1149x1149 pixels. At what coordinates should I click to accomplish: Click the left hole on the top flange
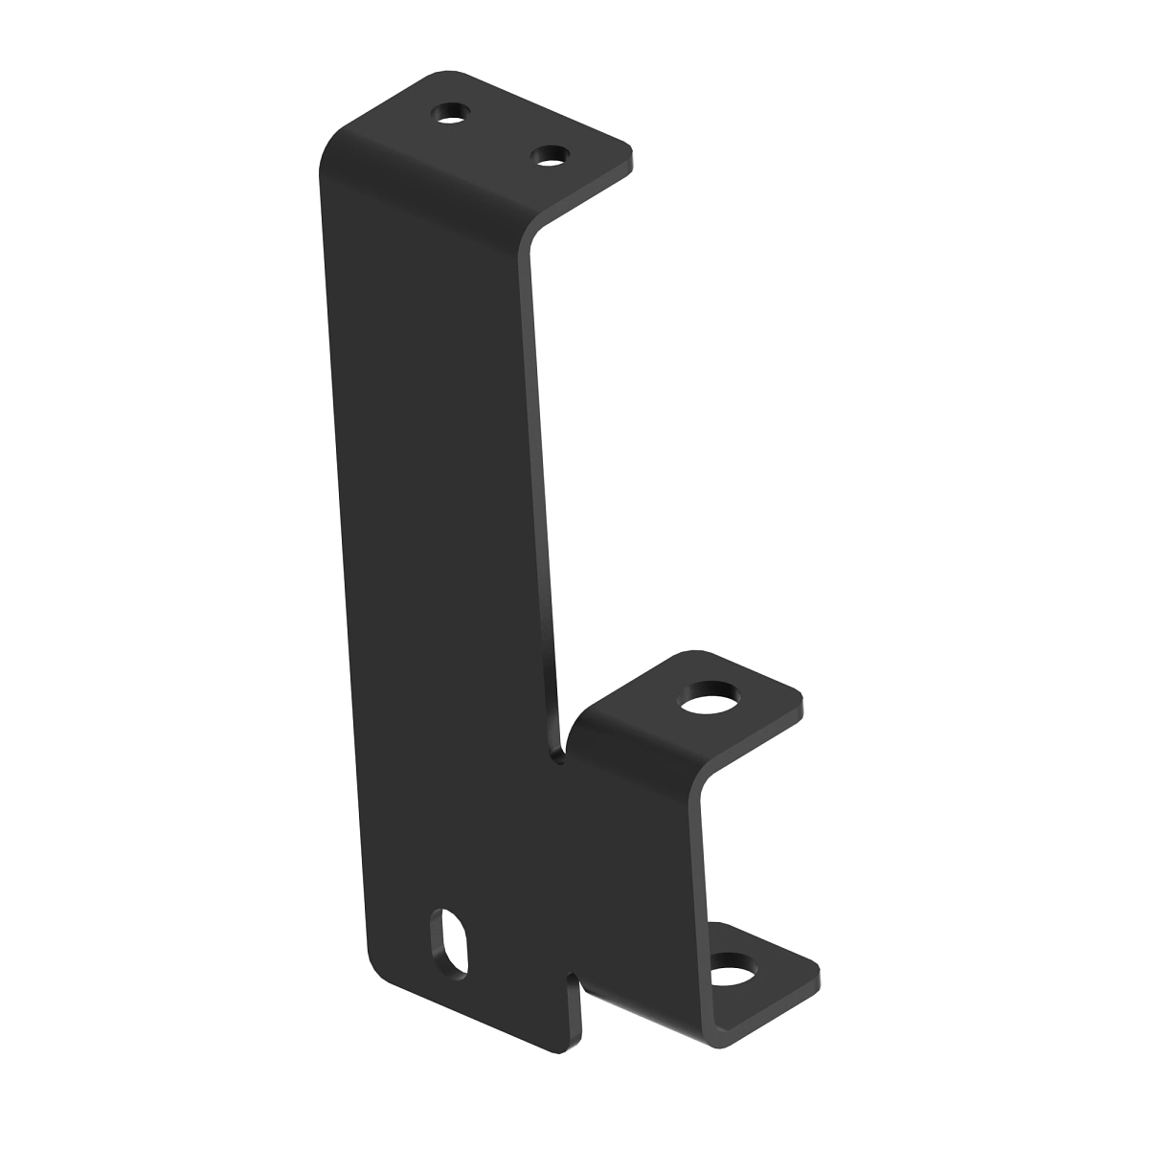pos(451,115)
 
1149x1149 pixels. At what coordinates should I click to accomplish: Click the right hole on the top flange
pos(550,154)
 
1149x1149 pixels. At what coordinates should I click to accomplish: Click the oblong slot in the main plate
pos(451,942)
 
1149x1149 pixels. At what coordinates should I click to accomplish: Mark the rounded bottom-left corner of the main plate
pos(379,967)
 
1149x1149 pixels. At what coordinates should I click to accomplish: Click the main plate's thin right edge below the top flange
pos(542,479)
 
